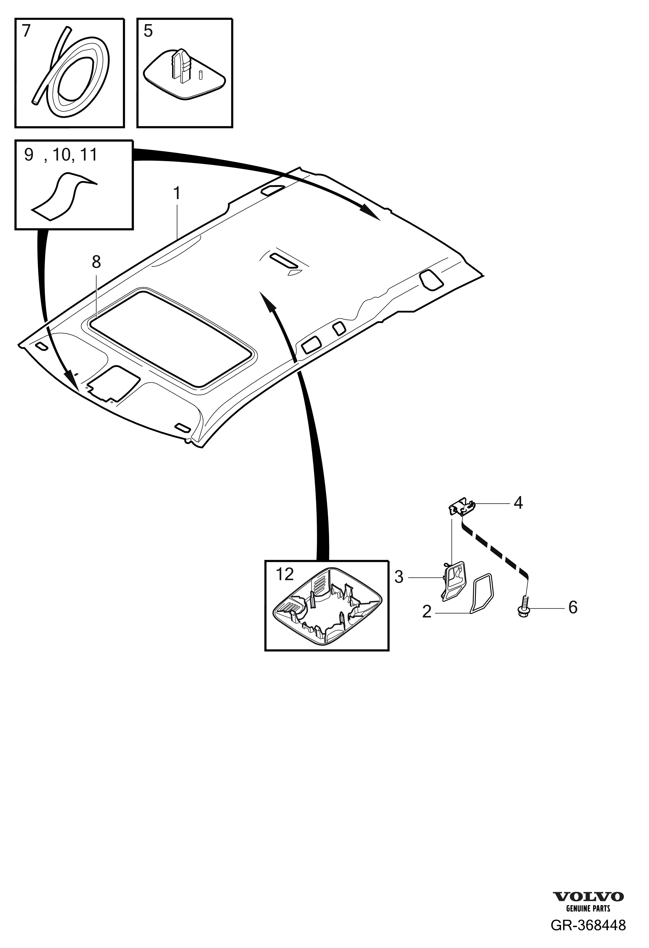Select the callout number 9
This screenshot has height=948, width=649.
tap(29, 155)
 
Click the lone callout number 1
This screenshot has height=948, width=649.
tap(177, 193)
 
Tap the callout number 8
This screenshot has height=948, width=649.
tap(96, 262)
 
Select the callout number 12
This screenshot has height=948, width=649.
tap(285, 574)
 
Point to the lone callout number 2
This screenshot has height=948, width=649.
tap(427, 611)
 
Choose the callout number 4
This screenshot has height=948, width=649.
tap(518, 503)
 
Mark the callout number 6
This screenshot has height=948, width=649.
tap(573, 607)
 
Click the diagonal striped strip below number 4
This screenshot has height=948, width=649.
tap(495, 551)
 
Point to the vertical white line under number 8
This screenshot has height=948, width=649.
tap(96, 296)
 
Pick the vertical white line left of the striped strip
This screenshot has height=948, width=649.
tap(453, 534)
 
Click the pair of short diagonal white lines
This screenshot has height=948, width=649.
tap(47, 324)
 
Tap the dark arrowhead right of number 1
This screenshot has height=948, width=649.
tap(370, 212)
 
